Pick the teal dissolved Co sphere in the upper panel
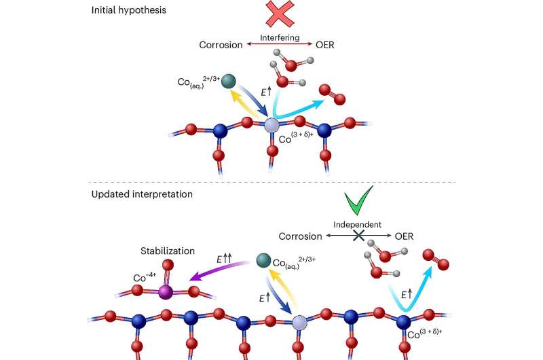pyautogui.click(x=229, y=80)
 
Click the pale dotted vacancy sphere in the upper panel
pyautogui.click(x=271, y=125)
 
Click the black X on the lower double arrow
pyautogui.click(x=360, y=234)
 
